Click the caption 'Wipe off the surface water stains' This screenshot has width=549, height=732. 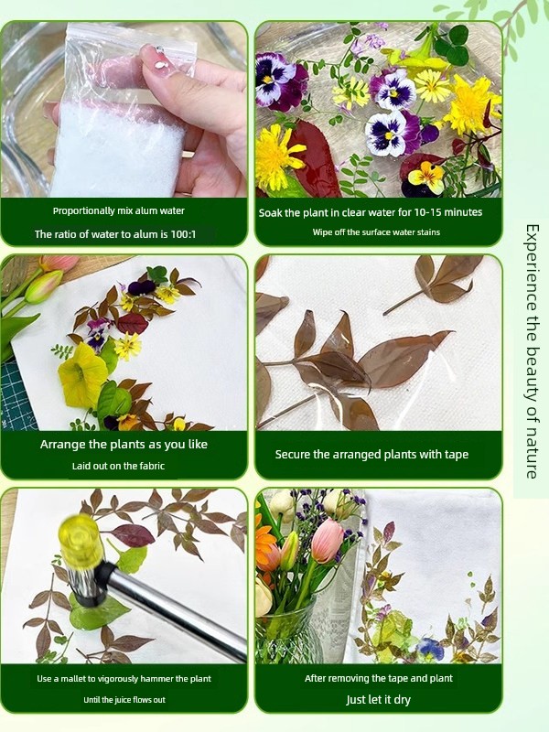coord(376,232)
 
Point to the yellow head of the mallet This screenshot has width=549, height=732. coord(81,543)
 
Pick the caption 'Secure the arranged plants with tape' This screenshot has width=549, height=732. coord(371,454)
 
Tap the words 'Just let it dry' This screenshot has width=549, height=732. coord(378,699)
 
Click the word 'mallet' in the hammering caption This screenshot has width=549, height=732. coord(76,678)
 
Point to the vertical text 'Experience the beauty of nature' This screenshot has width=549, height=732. coord(532,351)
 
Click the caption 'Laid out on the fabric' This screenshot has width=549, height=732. coord(118,466)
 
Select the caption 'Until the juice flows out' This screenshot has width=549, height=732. coord(124,699)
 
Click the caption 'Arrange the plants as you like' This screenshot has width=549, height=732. coord(124,445)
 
